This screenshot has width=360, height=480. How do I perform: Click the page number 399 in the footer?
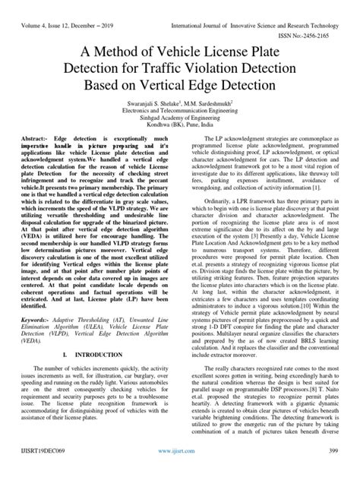click(332, 471)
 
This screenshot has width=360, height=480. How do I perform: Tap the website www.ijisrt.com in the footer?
click(179, 471)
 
